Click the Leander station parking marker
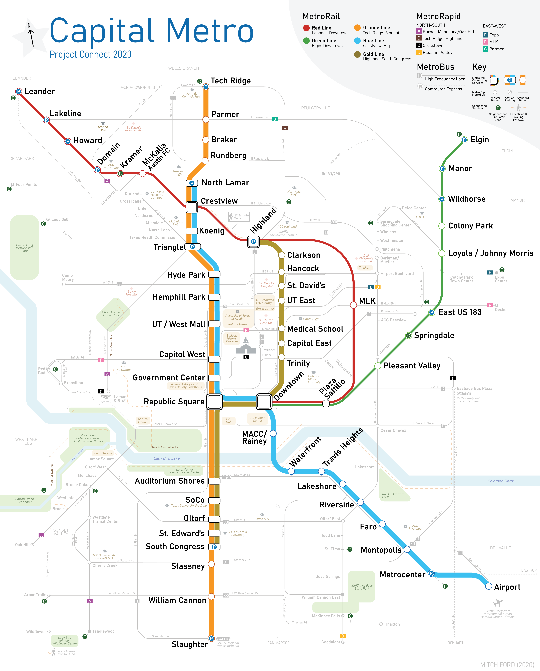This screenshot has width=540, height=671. (x=19, y=92)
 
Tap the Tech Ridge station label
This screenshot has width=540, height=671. (x=231, y=81)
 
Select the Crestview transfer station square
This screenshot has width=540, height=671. (x=192, y=207)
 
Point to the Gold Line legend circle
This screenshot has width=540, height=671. (x=357, y=54)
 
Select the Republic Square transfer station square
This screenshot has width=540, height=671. (x=214, y=402)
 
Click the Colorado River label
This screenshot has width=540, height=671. (x=500, y=481)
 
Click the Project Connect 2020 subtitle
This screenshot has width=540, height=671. (x=91, y=54)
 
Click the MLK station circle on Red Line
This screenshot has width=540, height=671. (x=353, y=305)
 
